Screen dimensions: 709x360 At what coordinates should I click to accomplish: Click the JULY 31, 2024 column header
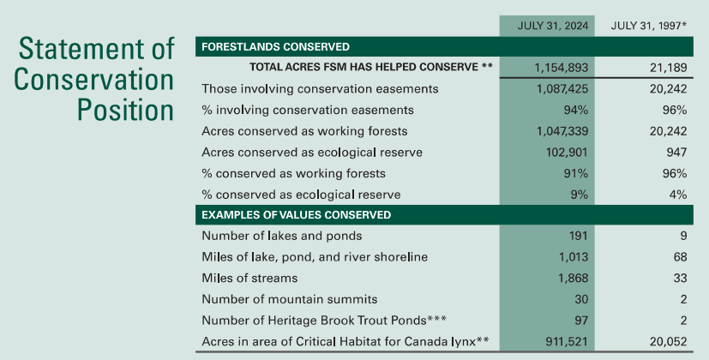(x=553, y=26)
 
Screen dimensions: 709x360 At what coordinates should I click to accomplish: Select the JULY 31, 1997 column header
(x=649, y=26)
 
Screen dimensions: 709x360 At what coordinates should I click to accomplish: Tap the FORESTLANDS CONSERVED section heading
(x=275, y=46)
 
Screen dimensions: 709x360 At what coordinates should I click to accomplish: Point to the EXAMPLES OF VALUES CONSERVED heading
(x=296, y=214)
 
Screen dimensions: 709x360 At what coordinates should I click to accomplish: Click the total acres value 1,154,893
(x=562, y=68)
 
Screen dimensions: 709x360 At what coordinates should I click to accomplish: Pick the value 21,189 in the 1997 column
(x=669, y=68)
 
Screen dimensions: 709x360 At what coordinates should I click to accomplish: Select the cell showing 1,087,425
(x=562, y=88)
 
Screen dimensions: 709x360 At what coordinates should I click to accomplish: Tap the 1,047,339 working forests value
(x=562, y=131)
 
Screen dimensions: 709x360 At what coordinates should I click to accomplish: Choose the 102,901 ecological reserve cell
(x=567, y=152)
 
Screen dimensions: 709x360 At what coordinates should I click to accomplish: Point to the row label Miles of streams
(x=249, y=278)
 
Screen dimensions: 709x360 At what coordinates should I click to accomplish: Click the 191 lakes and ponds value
(x=579, y=236)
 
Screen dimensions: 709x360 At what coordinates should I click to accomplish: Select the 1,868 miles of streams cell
(x=574, y=278)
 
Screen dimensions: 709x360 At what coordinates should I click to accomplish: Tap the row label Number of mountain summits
(x=290, y=299)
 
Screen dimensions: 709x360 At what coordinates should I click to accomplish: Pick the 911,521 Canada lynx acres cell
(x=567, y=341)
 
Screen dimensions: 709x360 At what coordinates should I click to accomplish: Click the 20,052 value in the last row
(x=669, y=341)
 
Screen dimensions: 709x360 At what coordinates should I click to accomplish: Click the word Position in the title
(x=125, y=110)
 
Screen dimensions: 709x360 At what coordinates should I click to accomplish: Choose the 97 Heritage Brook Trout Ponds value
(x=581, y=321)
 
